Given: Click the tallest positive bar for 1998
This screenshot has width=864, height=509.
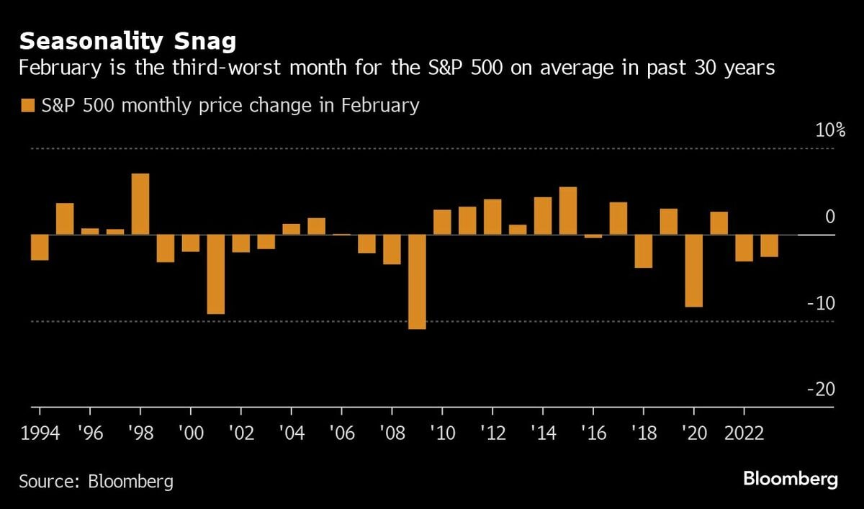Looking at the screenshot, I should coord(140,204).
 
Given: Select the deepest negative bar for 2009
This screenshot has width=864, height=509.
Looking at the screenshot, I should coord(417,281).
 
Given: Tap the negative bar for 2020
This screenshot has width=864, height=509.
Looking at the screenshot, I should coord(694,271).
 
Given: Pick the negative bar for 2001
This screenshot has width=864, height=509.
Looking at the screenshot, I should coord(215,274).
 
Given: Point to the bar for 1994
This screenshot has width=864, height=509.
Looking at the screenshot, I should coord(40,247).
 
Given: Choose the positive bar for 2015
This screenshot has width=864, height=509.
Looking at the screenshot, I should coord(568,210).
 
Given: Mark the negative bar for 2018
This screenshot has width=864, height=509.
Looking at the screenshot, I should coord(644,251).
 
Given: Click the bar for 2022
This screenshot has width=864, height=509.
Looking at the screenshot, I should coord(744,248).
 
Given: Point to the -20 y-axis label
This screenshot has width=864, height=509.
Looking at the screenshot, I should coord(821,389).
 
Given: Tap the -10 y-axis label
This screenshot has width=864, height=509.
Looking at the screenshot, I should coord(821,303).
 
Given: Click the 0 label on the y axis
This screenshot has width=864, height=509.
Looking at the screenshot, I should coord(829,217).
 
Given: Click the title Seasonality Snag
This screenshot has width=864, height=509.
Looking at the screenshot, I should coord(127,41).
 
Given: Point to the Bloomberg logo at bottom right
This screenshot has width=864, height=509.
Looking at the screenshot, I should coord(791,479).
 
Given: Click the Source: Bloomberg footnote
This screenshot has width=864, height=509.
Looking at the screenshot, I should coord(96,481).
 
